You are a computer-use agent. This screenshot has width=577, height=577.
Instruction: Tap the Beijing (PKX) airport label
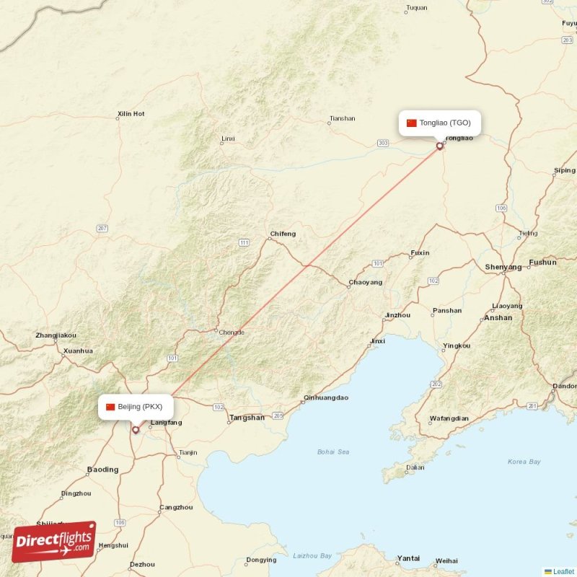[x=136, y=407]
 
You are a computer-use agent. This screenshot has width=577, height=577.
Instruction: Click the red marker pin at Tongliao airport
[x=440, y=146]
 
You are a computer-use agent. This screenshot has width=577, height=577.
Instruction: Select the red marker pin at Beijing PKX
[x=136, y=430]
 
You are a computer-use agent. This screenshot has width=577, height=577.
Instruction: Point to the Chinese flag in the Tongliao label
[x=412, y=123]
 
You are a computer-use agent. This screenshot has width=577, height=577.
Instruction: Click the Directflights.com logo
[x=54, y=541]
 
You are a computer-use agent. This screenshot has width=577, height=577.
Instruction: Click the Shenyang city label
[x=503, y=267]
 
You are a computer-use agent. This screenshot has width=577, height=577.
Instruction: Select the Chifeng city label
[x=283, y=234]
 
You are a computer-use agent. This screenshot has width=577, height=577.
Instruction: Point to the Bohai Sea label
[x=333, y=452]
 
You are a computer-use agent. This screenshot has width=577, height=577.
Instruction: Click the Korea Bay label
[x=524, y=462]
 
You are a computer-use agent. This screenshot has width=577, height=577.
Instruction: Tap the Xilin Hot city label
[x=131, y=114]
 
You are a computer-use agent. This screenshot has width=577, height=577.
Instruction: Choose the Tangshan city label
[x=247, y=418]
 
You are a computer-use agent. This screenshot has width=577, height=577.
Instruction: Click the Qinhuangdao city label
[x=326, y=397]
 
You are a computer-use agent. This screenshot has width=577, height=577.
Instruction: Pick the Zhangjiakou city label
[x=56, y=335]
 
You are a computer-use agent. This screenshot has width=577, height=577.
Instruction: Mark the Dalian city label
[x=415, y=467]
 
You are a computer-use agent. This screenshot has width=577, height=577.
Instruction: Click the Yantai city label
[x=408, y=558]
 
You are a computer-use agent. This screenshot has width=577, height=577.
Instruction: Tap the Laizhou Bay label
[x=312, y=555]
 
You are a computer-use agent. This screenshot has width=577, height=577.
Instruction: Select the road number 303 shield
[x=383, y=144]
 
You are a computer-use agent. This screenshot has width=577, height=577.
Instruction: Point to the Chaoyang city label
[x=366, y=282]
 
